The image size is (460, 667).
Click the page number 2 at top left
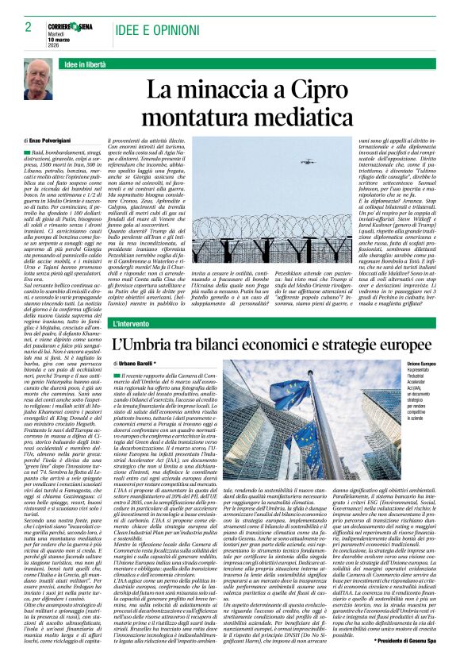pyautogui.click(x=28, y=26)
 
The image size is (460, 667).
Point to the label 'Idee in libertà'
pyautogui.click(x=86, y=63)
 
